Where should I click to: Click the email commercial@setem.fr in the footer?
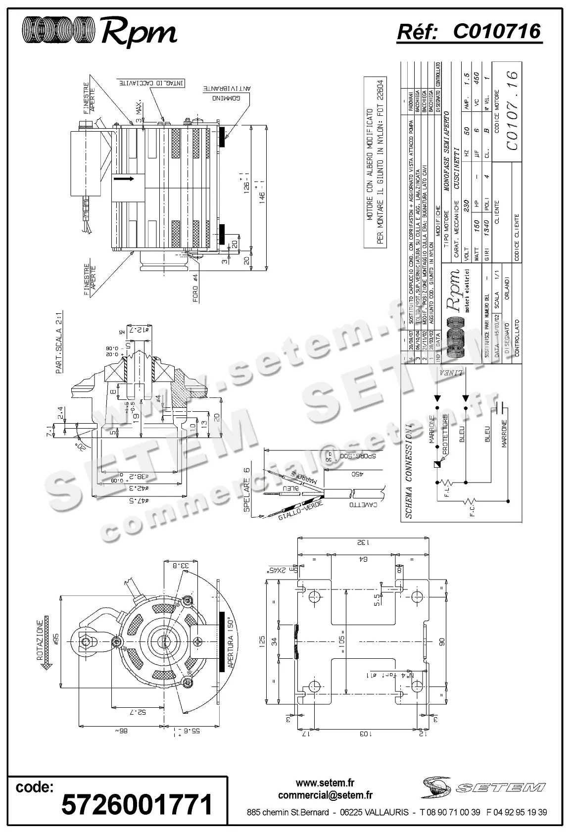point(325,795)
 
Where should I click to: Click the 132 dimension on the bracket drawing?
point(363,542)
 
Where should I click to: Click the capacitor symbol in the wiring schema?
point(501,407)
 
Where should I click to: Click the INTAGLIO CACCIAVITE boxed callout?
point(151,83)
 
